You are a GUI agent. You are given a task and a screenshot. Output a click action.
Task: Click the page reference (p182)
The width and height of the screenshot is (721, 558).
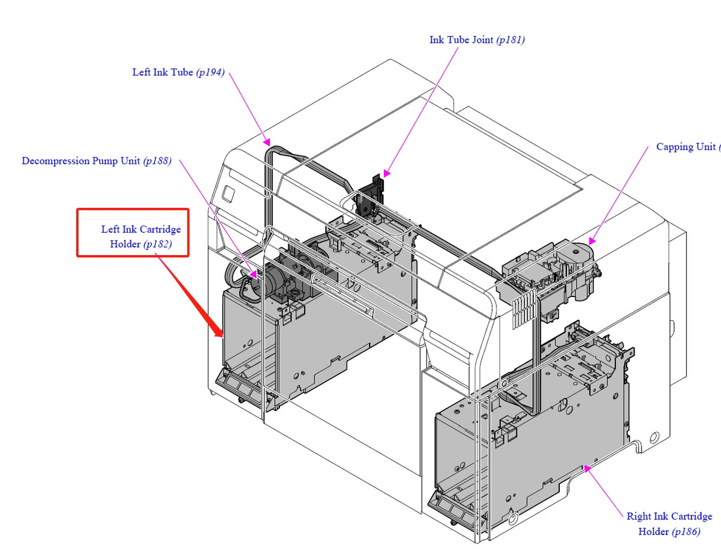point(157,244)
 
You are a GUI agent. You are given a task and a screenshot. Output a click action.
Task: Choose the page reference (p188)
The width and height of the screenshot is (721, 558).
point(157,161)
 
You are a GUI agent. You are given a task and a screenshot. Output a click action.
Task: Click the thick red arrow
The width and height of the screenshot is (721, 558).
point(190,295)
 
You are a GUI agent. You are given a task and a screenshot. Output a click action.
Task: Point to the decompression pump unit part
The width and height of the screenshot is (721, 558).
point(275,282)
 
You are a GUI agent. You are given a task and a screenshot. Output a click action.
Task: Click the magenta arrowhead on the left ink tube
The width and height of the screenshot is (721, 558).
point(266,140)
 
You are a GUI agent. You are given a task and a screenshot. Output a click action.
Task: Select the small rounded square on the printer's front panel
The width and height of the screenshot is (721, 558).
point(228,193)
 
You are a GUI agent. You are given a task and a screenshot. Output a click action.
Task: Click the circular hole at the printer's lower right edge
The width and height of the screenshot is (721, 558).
point(653,437)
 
